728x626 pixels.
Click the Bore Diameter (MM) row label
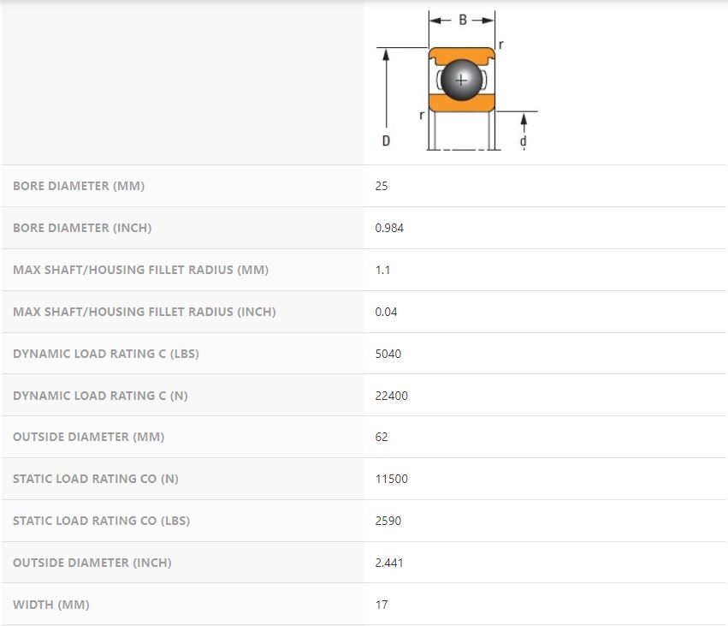(x=79, y=186)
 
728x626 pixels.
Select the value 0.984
(x=389, y=228)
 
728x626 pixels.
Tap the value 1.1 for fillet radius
(x=382, y=270)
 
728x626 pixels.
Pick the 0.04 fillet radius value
(x=386, y=312)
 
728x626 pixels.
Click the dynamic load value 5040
(x=388, y=354)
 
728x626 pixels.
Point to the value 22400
(x=392, y=396)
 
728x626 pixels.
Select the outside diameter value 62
(x=382, y=437)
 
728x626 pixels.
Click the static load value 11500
(x=392, y=479)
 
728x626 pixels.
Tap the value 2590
(x=388, y=521)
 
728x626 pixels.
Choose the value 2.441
(x=389, y=563)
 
